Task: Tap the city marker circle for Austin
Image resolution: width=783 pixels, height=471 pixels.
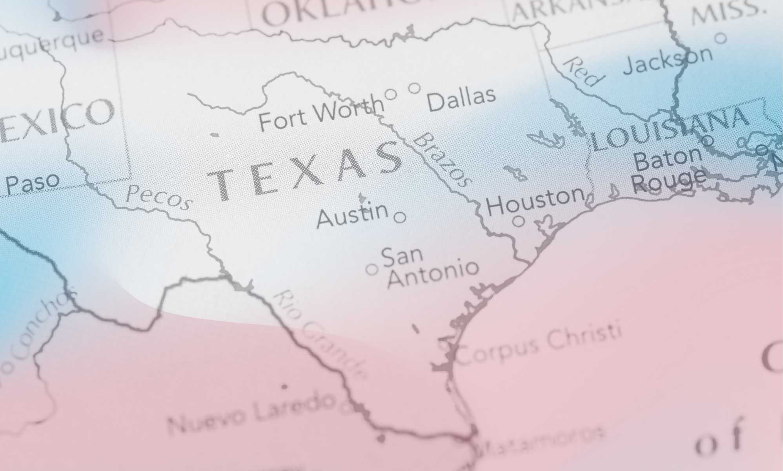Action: click(x=400, y=217)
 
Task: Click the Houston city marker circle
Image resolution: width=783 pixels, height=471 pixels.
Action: click(x=519, y=221)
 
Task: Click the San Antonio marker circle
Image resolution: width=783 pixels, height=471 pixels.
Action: click(x=372, y=269)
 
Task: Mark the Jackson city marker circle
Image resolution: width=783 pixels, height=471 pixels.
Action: click(x=721, y=38)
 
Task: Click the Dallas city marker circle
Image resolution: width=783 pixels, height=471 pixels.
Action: click(x=414, y=88)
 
